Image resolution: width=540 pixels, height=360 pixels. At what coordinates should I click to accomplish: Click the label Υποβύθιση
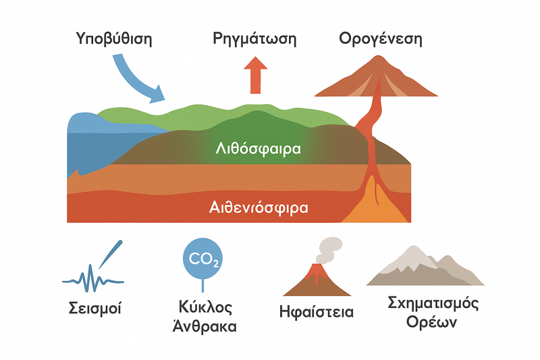click(x=114, y=38)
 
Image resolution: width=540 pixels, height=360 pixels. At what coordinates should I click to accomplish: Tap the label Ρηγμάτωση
click(x=254, y=38)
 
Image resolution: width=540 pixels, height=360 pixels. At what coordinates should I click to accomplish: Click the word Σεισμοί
click(x=95, y=310)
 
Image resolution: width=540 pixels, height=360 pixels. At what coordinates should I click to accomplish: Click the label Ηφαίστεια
click(x=316, y=312)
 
